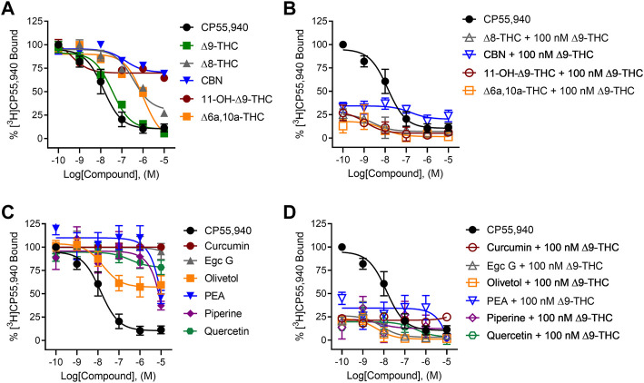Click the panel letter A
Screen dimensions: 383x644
pos(8,9)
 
